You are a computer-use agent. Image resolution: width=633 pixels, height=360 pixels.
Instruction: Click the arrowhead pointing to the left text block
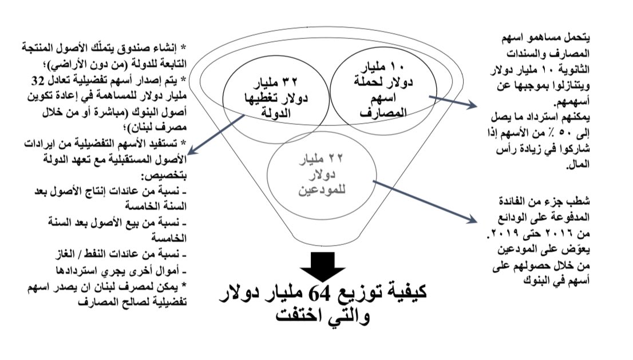191,153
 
